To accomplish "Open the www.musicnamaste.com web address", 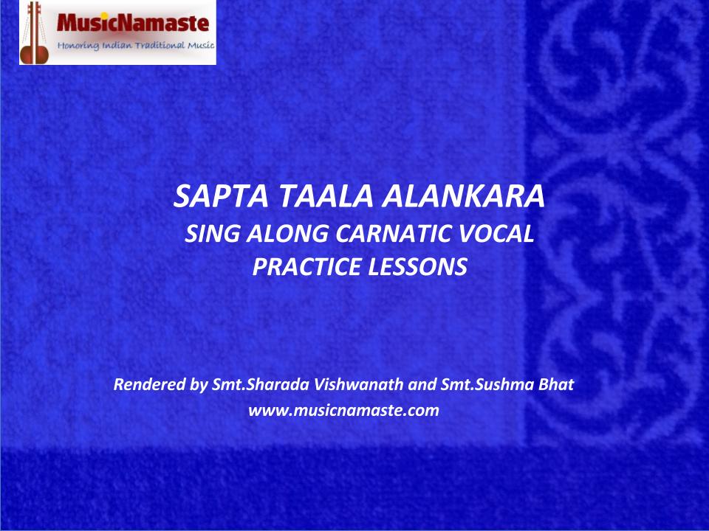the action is coord(343,411).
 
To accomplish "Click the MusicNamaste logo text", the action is coord(133,23).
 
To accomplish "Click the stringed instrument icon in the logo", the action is coord(35,32).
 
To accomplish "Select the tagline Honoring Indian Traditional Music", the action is coord(136,46).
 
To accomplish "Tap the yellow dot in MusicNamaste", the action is coord(104,16).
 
